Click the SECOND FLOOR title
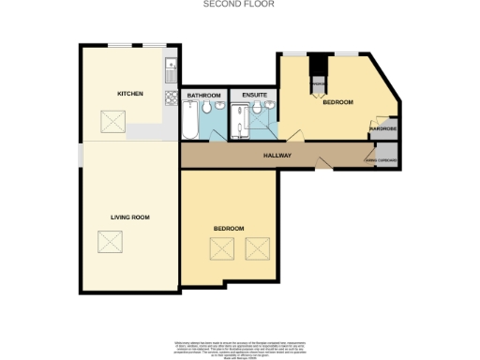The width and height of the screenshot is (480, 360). point(239,5)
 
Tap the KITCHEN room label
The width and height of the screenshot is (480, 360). point(129,95)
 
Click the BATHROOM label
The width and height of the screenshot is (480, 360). point(202,96)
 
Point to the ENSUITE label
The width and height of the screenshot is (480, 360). point(253,96)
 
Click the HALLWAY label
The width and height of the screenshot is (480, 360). point(277,156)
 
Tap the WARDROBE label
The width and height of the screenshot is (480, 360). point(384,129)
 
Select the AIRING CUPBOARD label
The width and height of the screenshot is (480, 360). point(382,160)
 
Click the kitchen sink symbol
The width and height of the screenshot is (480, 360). point(172,67)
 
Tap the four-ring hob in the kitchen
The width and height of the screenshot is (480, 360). point(172,97)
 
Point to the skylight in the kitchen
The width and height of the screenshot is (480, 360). point(112,121)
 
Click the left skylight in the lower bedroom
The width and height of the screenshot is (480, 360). point(221,248)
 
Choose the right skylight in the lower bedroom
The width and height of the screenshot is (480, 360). point(257,248)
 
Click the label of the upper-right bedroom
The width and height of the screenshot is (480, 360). point(337,102)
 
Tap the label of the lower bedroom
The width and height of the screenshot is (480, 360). point(228,229)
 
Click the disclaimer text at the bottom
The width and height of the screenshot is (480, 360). point(239,348)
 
